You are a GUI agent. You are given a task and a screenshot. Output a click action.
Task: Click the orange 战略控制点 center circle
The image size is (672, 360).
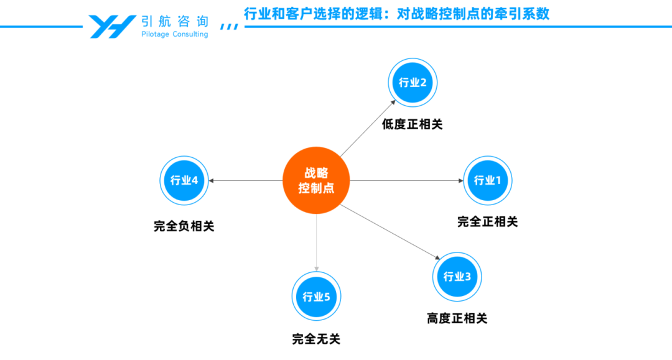(x=316, y=181)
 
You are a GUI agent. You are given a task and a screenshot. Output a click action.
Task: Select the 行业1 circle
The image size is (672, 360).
(x=487, y=181)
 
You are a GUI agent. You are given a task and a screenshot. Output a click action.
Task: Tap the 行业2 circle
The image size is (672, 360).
(x=413, y=83)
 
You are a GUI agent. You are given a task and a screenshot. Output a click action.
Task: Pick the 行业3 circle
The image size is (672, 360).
(x=457, y=277)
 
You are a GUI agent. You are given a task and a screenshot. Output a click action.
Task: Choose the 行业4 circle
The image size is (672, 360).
(x=184, y=181)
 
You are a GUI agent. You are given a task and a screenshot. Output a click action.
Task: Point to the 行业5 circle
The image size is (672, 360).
(x=316, y=297)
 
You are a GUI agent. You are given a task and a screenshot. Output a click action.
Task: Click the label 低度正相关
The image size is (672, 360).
(x=412, y=124)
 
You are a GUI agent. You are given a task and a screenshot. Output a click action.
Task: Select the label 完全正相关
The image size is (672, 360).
(x=487, y=221)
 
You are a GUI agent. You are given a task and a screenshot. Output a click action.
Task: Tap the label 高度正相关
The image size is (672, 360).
(x=457, y=318)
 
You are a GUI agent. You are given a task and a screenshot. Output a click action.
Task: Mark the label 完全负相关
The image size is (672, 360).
(x=184, y=227)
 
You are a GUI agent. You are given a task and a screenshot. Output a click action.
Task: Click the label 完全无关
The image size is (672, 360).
(x=316, y=339)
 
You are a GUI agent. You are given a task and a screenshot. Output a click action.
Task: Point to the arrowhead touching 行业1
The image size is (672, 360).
(x=460, y=181)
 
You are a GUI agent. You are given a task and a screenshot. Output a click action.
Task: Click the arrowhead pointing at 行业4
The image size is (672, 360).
(x=212, y=181)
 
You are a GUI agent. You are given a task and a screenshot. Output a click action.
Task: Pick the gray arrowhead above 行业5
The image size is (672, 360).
(x=316, y=269)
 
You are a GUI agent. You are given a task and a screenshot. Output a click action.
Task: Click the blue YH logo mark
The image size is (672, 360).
(x=112, y=26)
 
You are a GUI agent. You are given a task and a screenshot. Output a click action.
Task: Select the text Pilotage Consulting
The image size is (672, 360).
(x=175, y=35)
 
